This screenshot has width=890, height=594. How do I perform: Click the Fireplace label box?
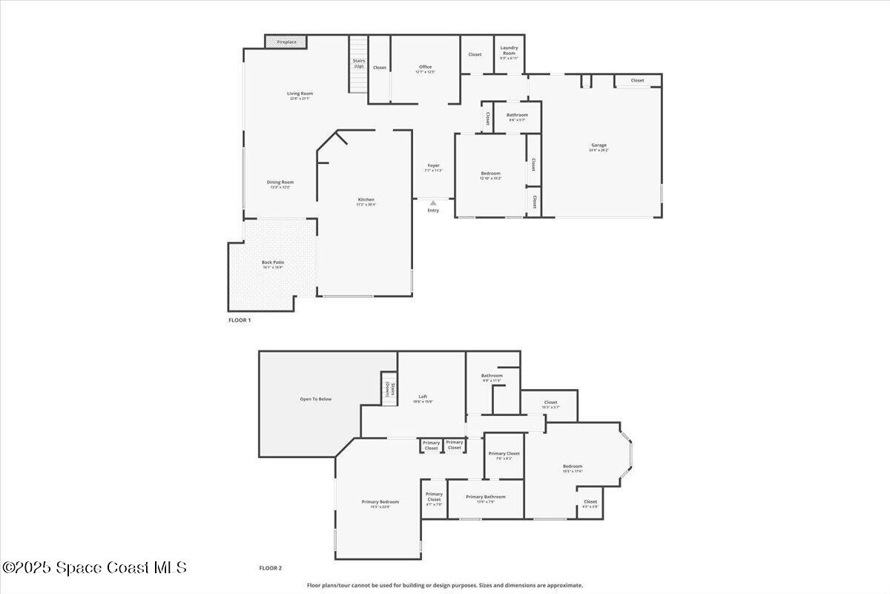286,42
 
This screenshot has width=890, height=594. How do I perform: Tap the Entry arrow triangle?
433,202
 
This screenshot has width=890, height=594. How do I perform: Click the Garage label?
599,146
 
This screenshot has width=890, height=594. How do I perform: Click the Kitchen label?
366,200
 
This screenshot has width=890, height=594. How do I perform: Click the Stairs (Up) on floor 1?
359,65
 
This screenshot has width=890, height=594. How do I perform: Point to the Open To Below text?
316,399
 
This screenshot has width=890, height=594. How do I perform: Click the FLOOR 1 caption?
240,320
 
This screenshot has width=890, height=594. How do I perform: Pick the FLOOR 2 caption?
270,568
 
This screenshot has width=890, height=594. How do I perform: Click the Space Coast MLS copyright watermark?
94,568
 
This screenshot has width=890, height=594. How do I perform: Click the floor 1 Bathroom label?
517,116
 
